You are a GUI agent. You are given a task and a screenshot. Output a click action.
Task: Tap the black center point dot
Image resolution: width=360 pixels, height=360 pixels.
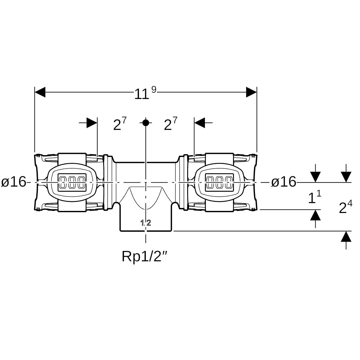pos(146,122)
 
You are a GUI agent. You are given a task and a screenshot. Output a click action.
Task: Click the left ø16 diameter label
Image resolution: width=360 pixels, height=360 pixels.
pos(14,182)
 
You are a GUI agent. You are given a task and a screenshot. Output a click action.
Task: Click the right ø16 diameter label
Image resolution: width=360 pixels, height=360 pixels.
pos(283,182)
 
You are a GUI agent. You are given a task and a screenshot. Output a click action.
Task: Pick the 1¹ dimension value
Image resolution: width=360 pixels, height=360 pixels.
pos(314,198)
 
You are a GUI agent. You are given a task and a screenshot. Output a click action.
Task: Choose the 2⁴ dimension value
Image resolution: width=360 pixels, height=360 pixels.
pos(345,207)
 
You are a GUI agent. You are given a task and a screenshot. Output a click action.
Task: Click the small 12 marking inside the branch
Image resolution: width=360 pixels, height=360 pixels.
pos(146,223)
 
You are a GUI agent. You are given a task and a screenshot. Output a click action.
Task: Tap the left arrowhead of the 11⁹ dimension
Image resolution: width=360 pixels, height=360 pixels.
pos(40,92)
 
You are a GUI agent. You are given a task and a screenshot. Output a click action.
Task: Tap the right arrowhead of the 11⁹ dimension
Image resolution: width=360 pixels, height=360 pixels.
pos(251,92)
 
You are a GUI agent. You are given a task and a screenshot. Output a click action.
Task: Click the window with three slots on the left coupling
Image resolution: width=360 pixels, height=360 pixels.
pos(72,182)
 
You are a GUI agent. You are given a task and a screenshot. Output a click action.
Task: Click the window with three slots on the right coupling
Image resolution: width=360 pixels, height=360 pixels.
pos(219,182)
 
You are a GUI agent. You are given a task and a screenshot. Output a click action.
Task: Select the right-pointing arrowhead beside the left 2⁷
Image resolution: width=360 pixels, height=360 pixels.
pos(92,122)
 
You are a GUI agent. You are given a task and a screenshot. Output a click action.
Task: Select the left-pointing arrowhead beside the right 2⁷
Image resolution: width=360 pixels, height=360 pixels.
pos(199,122)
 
